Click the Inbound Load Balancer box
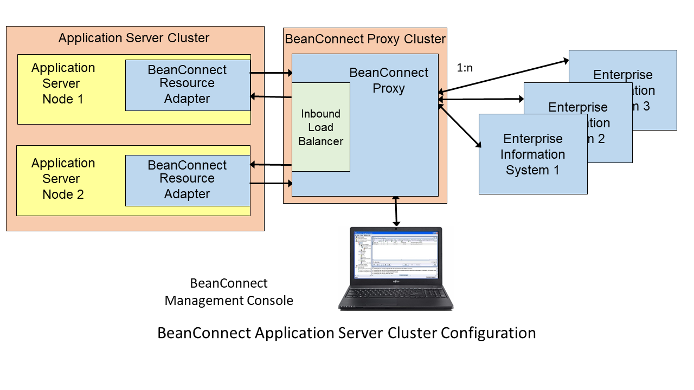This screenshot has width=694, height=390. pyautogui.click(x=321, y=127)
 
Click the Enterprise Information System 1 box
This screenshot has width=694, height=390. pyautogui.click(x=533, y=154)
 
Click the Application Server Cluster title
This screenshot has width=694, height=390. pyautogui.click(x=134, y=38)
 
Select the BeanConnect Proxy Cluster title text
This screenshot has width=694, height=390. pyautogui.click(x=365, y=39)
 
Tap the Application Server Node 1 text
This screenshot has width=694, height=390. pyautogui.click(x=63, y=83)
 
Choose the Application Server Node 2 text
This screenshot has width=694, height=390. pyautogui.click(x=63, y=179)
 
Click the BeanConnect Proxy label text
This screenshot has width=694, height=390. pyautogui.click(x=389, y=80)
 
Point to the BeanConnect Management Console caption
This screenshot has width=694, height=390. pyautogui.click(x=229, y=292)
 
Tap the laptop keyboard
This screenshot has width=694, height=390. pyautogui.click(x=396, y=295)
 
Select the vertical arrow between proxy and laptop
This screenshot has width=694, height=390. pyautogui.click(x=396, y=211)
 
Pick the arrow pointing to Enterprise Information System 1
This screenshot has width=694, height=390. pyautogui.click(x=460, y=126)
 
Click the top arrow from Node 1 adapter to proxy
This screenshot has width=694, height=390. pyautogui.click(x=271, y=72)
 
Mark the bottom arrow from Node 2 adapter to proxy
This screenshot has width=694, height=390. pyautogui.click(x=271, y=184)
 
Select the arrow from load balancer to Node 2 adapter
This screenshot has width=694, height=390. pyautogui.click(x=271, y=164)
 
